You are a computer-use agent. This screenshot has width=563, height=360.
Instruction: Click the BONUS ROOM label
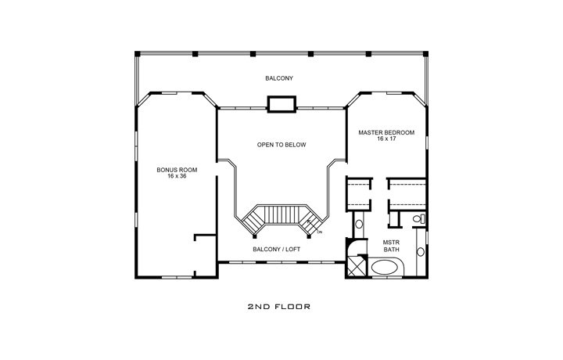coord(176,169)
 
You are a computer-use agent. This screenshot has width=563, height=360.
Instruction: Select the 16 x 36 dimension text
coord(176,176)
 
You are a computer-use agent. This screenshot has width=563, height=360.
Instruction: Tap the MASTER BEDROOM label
coord(386,132)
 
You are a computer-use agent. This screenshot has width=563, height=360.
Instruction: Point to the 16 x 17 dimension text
coord(386,139)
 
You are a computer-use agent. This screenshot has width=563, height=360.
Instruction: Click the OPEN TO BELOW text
coord(281,145)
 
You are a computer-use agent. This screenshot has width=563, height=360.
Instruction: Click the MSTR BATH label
coord(391,247)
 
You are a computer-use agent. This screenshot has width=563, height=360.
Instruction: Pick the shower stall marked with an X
coord(356,267)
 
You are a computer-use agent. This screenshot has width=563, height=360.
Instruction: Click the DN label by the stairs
coord(320,232)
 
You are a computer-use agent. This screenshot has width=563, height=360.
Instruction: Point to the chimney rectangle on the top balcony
coord(281,104)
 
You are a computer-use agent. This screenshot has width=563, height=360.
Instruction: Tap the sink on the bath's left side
coord(359,225)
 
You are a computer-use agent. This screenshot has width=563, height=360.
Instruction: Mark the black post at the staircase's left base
coord(253,232)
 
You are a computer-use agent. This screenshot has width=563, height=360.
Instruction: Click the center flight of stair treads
coord(281,213)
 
